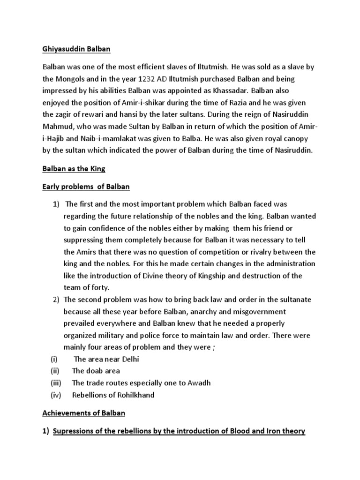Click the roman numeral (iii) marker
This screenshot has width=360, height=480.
[56, 382]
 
